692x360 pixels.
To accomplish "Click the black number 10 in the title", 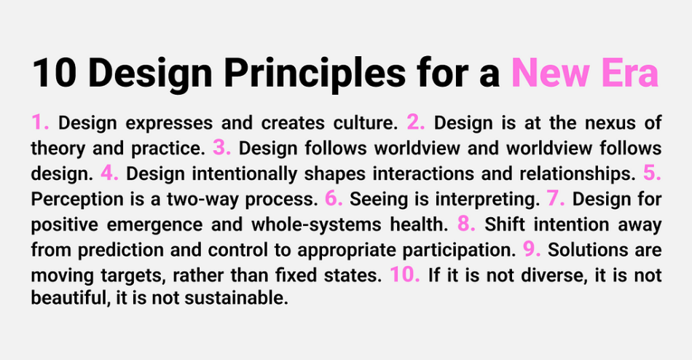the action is [55, 73].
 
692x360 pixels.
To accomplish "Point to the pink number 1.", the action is [40, 122].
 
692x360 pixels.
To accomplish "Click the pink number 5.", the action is [652, 173].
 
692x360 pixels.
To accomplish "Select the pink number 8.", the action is [466, 224].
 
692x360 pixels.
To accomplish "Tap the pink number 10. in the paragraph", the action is [405, 274].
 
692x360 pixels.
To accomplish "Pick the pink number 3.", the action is [221, 147].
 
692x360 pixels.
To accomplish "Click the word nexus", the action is [610, 123].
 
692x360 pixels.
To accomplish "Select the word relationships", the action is [577, 174].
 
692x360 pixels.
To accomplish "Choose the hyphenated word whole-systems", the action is [316, 225].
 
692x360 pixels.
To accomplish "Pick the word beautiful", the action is [70, 298].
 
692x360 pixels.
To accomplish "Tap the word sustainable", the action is [236, 298].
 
